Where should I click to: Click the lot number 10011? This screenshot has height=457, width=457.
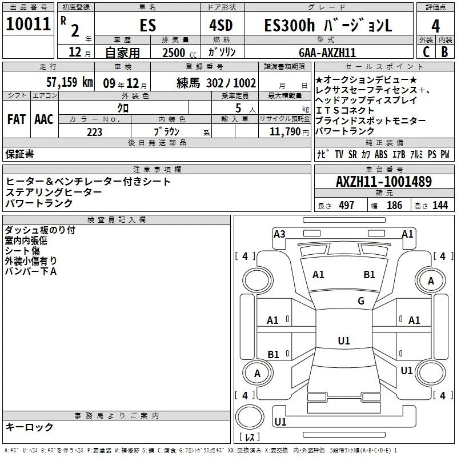pos(28,24)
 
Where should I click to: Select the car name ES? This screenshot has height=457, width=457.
pos(148,25)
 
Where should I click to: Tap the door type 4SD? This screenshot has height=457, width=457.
pos(221,25)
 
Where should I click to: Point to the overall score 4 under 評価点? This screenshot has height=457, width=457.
pos(435,26)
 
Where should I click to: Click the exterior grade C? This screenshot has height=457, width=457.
pos(426,52)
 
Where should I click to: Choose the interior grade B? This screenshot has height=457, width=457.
pos(444,52)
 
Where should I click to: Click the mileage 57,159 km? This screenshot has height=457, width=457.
pos(70,82)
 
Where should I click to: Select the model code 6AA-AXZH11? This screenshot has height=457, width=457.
pos(327,53)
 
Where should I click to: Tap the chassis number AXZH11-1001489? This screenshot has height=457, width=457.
pos(384,182)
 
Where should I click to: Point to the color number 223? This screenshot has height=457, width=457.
pos(94,132)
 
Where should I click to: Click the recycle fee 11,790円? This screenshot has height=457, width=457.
pos(289,132)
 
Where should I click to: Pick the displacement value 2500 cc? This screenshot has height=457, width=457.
pos(179,53)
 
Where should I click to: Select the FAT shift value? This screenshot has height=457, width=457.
pos(17,119)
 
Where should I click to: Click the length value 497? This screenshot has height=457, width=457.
pos(347,205)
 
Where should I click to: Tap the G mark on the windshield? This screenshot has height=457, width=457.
pos(361,301)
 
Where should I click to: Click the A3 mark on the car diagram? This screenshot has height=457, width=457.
pos(279,234)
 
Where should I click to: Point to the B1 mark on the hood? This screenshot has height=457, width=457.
pos(369,275)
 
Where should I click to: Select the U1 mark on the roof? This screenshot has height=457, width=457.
pos(344,340)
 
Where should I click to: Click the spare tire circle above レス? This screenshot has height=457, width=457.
pos(250,417)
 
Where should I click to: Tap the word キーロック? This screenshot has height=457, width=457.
pos(29,427)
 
